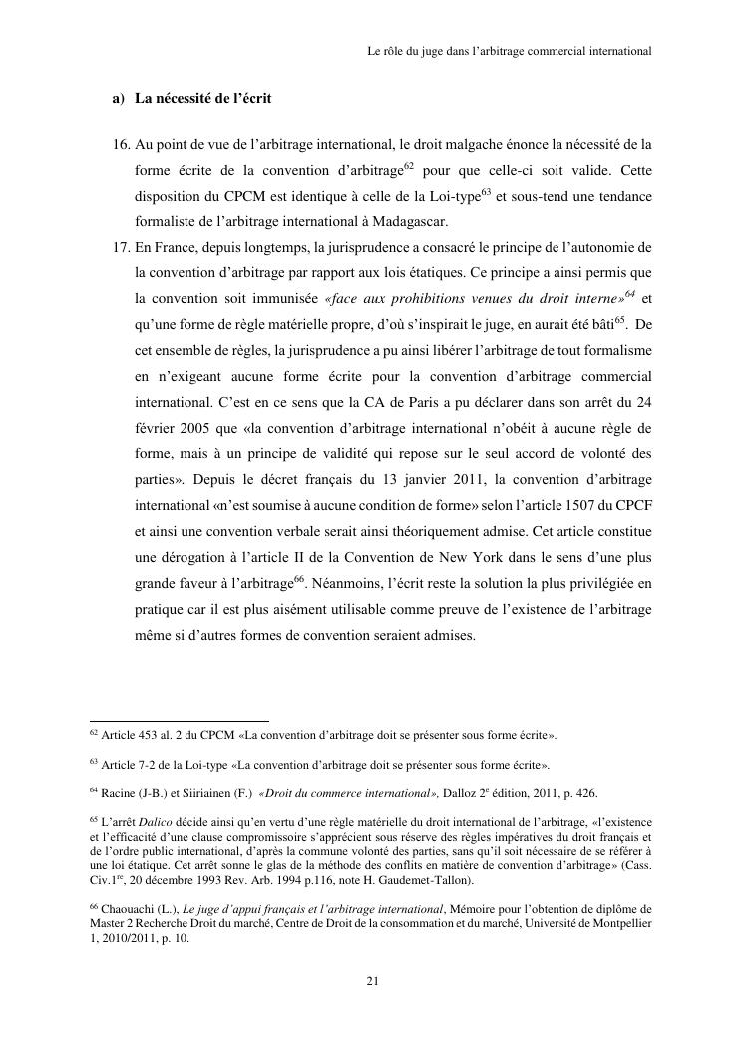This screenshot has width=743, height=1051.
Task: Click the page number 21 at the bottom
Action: pos(372,981)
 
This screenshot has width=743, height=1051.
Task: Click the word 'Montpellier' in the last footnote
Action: pos(615,924)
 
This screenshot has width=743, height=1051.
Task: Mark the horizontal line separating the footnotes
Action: pos(180,720)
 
